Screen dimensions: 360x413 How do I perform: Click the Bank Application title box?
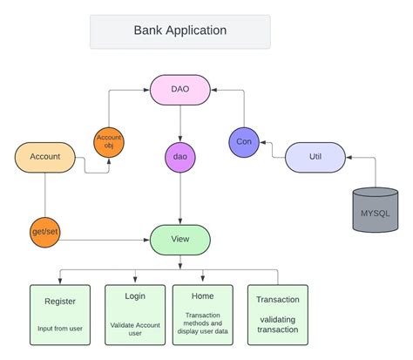(179, 31)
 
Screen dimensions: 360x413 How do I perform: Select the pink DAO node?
(180, 89)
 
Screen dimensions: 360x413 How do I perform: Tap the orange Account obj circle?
(109, 142)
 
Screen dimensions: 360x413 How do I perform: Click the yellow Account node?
(44, 156)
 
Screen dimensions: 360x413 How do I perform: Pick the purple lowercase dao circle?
(179, 157)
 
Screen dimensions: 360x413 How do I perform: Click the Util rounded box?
(315, 157)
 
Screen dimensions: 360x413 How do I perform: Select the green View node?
(180, 239)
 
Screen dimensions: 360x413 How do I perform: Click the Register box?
(60, 314)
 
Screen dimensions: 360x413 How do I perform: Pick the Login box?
(135, 314)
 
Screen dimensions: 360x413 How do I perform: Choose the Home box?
(203, 314)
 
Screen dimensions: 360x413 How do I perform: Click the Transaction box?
(278, 314)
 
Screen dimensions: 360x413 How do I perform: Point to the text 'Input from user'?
(60, 328)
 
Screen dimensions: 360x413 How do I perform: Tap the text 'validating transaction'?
(278, 325)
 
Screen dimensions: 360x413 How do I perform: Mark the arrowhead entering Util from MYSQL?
(349, 157)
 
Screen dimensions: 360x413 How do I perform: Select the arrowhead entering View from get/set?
(146, 239)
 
